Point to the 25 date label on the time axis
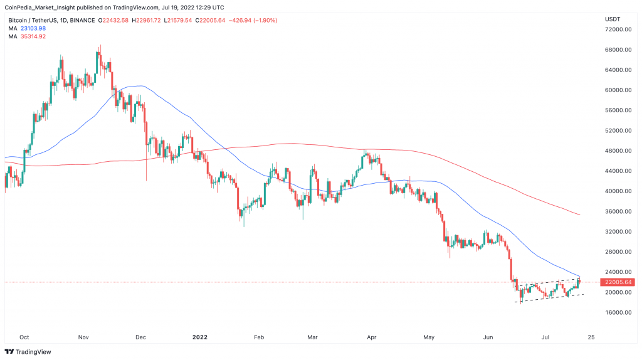pyautogui.click(x=590, y=336)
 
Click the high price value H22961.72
pyautogui.click(x=141, y=20)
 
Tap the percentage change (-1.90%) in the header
pyautogui.click(x=263, y=20)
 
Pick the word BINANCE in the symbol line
pyautogui.click(x=82, y=20)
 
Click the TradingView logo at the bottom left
pyautogui.click(x=29, y=352)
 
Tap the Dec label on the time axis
pyautogui.click(x=140, y=336)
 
